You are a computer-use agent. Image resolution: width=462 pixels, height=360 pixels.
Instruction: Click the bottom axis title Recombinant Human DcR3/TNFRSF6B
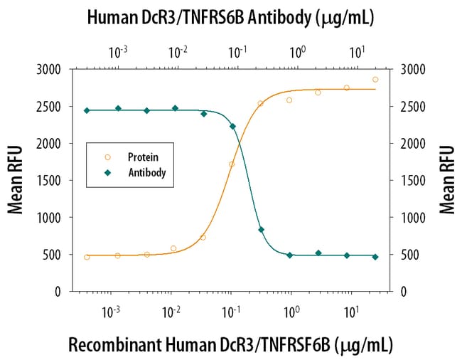(230, 344)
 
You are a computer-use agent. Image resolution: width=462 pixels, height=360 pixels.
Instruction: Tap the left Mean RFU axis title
(15, 179)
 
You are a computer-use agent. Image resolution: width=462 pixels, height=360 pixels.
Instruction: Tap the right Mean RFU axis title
(447, 179)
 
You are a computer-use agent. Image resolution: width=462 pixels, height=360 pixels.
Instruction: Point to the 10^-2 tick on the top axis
(178, 51)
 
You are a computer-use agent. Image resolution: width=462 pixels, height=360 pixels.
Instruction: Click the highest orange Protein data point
(375, 80)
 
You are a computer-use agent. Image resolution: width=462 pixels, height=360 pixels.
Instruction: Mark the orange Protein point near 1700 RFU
(232, 164)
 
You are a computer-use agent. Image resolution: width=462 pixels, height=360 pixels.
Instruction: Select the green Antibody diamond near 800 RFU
(261, 230)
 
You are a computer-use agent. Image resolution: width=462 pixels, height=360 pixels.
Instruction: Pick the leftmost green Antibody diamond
(87, 110)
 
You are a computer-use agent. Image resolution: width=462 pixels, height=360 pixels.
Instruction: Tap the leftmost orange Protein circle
(87, 257)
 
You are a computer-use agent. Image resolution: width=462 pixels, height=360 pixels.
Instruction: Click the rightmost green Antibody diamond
(375, 257)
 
